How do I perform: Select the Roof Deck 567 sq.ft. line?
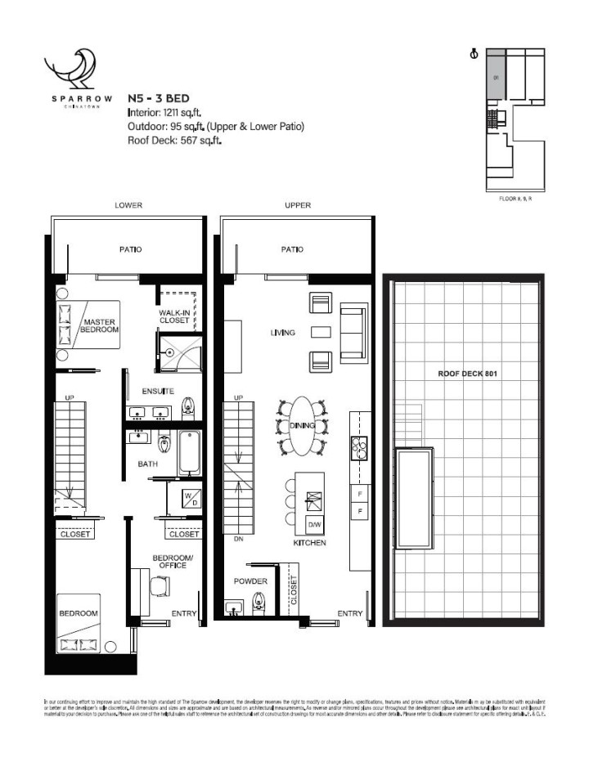click(175, 140)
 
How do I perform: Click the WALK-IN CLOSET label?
click(175, 316)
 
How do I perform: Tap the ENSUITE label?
click(157, 392)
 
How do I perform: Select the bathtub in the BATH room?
click(189, 454)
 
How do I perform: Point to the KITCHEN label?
click(309, 543)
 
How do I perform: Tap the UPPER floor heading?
click(298, 206)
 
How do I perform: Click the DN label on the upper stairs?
click(239, 540)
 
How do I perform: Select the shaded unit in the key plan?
click(496, 78)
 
